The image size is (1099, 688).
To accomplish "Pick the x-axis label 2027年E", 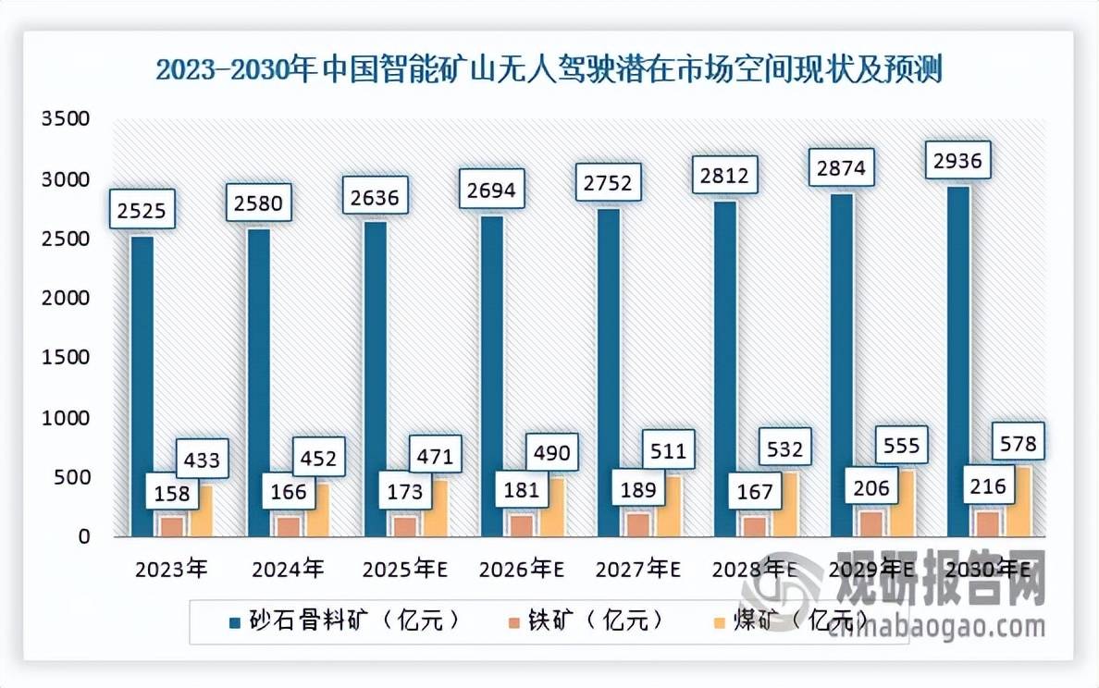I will point(639,570).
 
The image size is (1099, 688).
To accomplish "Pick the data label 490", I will point(552,453).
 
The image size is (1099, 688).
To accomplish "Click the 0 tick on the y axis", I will point(83,537).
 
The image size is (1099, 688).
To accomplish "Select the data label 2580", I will point(258,202).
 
